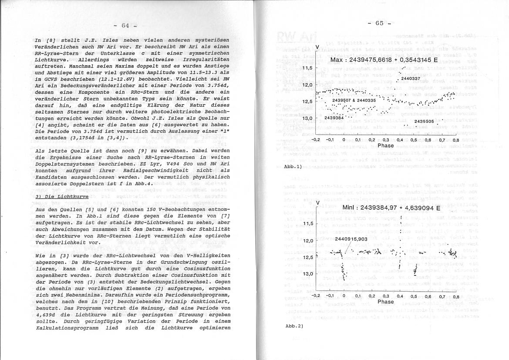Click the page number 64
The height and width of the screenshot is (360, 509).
coord(125,25)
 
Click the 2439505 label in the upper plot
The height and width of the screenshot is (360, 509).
coord(424,122)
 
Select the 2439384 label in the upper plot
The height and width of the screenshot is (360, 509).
coord(334,118)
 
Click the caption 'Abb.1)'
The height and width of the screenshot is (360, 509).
coord(293,166)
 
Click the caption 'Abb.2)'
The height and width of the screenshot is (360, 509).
coord(293,326)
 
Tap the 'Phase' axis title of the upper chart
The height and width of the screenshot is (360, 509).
coord(385,146)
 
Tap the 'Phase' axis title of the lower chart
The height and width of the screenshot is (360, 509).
coord(385,302)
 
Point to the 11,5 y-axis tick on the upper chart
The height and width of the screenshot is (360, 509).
coord(307,68)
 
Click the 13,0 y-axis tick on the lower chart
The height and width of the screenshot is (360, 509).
coord(308,274)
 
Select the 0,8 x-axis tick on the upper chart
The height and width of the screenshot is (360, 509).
coord(455,140)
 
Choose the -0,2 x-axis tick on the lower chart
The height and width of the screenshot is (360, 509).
coord(316,296)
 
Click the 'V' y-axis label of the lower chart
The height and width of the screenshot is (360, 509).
coord(317,203)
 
